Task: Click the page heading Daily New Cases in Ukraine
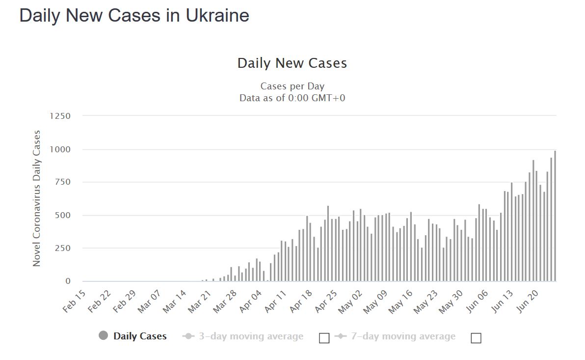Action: (x=134, y=16)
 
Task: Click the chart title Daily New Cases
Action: (x=292, y=63)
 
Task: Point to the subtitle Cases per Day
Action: (x=292, y=86)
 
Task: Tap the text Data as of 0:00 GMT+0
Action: (x=292, y=98)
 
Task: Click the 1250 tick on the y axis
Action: (x=60, y=116)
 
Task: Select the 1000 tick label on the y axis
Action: (x=60, y=149)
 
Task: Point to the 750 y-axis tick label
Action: (x=62, y=182)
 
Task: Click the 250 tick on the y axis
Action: (x=62, y=249)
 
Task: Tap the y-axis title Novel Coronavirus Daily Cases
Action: (x=37, y=198)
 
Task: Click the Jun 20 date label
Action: (x=529, y=301)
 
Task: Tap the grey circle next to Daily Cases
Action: (x=103, y=336)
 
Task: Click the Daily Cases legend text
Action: (x=140, y=336)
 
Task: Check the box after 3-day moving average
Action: (x=324, y=338)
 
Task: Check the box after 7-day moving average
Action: (x=476, y=338)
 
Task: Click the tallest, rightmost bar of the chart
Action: (x=555, y=216)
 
